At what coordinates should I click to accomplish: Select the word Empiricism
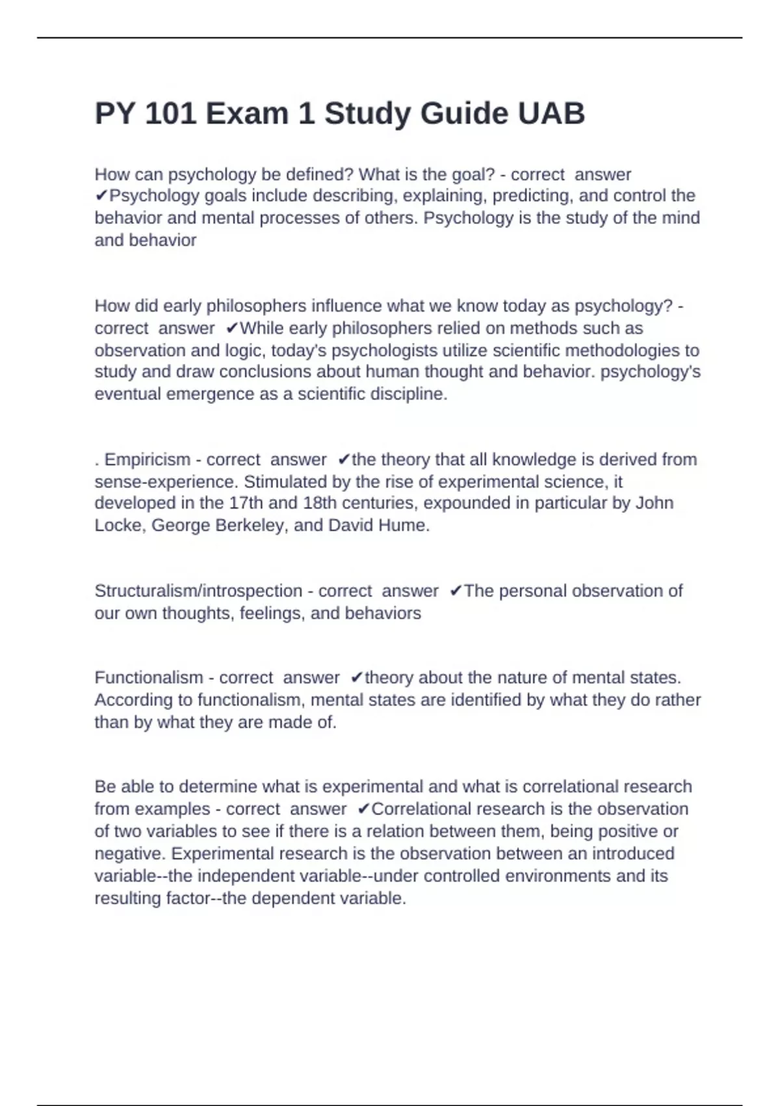point(148,460)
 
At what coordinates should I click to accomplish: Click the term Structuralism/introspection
point(198,591)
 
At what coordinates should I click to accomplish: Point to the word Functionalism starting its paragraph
point(149,678)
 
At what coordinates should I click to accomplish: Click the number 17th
point(246,504)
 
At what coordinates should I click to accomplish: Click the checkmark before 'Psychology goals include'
point(101,196)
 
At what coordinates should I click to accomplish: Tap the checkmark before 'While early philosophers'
point(232,329)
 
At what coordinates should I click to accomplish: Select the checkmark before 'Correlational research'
point(363,809)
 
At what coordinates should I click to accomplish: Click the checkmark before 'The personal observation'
point(456,591)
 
